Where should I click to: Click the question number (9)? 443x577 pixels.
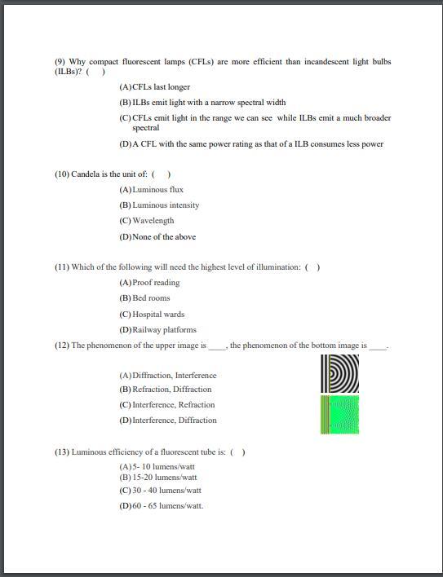[60, 62]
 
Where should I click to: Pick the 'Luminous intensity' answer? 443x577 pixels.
[166, 205]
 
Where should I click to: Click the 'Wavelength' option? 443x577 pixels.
[153, 221]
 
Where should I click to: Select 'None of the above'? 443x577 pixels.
[163, 237]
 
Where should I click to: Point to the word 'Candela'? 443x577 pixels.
[86, 174]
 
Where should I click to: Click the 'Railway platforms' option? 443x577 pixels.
[164, 330]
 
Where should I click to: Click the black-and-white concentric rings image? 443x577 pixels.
[340, 373]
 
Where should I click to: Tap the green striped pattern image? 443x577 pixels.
[340, 414]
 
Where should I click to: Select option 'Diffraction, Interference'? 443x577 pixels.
[174, 376]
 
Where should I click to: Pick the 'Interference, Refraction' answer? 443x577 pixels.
[173, 405]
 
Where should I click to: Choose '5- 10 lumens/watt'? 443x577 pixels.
[163, 467]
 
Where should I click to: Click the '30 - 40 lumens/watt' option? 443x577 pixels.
[166, 491]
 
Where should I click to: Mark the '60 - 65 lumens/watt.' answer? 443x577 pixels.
[167, 506]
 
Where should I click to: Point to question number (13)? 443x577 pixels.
[62, 452]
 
